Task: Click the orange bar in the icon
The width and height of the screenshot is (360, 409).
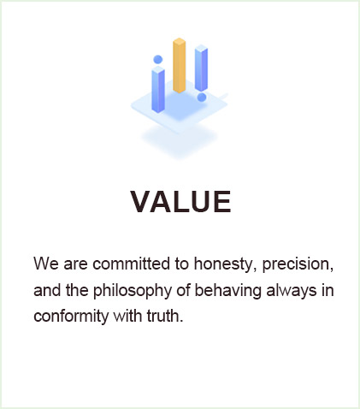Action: (x=180, y=65)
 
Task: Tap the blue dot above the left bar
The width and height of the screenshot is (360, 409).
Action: (x=158, y=59)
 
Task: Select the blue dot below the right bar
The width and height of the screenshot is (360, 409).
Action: (x=202, y=98)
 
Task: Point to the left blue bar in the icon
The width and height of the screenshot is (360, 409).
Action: (x=158, y=89)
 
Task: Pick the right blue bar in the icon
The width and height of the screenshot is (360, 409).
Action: (x=201, y=68)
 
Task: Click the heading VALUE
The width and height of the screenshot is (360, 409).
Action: (x=181, y=202)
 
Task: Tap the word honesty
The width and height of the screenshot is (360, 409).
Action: (x=223, y=264)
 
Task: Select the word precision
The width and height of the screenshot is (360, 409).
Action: (x=298, y=264)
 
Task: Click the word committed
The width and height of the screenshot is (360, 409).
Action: (x=131, y=264)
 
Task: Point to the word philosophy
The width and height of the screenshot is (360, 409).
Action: (x=133, y=291)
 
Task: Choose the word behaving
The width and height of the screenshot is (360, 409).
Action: (x=227, y=291)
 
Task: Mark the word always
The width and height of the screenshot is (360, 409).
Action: (x=292, y=291)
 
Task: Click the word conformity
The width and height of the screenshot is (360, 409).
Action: (x=71, y=317)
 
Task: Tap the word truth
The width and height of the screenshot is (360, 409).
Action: (x=165, y=316)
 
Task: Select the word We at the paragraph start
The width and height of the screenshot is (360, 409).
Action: (x=46, y=264)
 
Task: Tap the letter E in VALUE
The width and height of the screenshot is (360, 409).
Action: (x=222, y=202)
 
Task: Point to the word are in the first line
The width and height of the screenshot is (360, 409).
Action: (x=75, y=265)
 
